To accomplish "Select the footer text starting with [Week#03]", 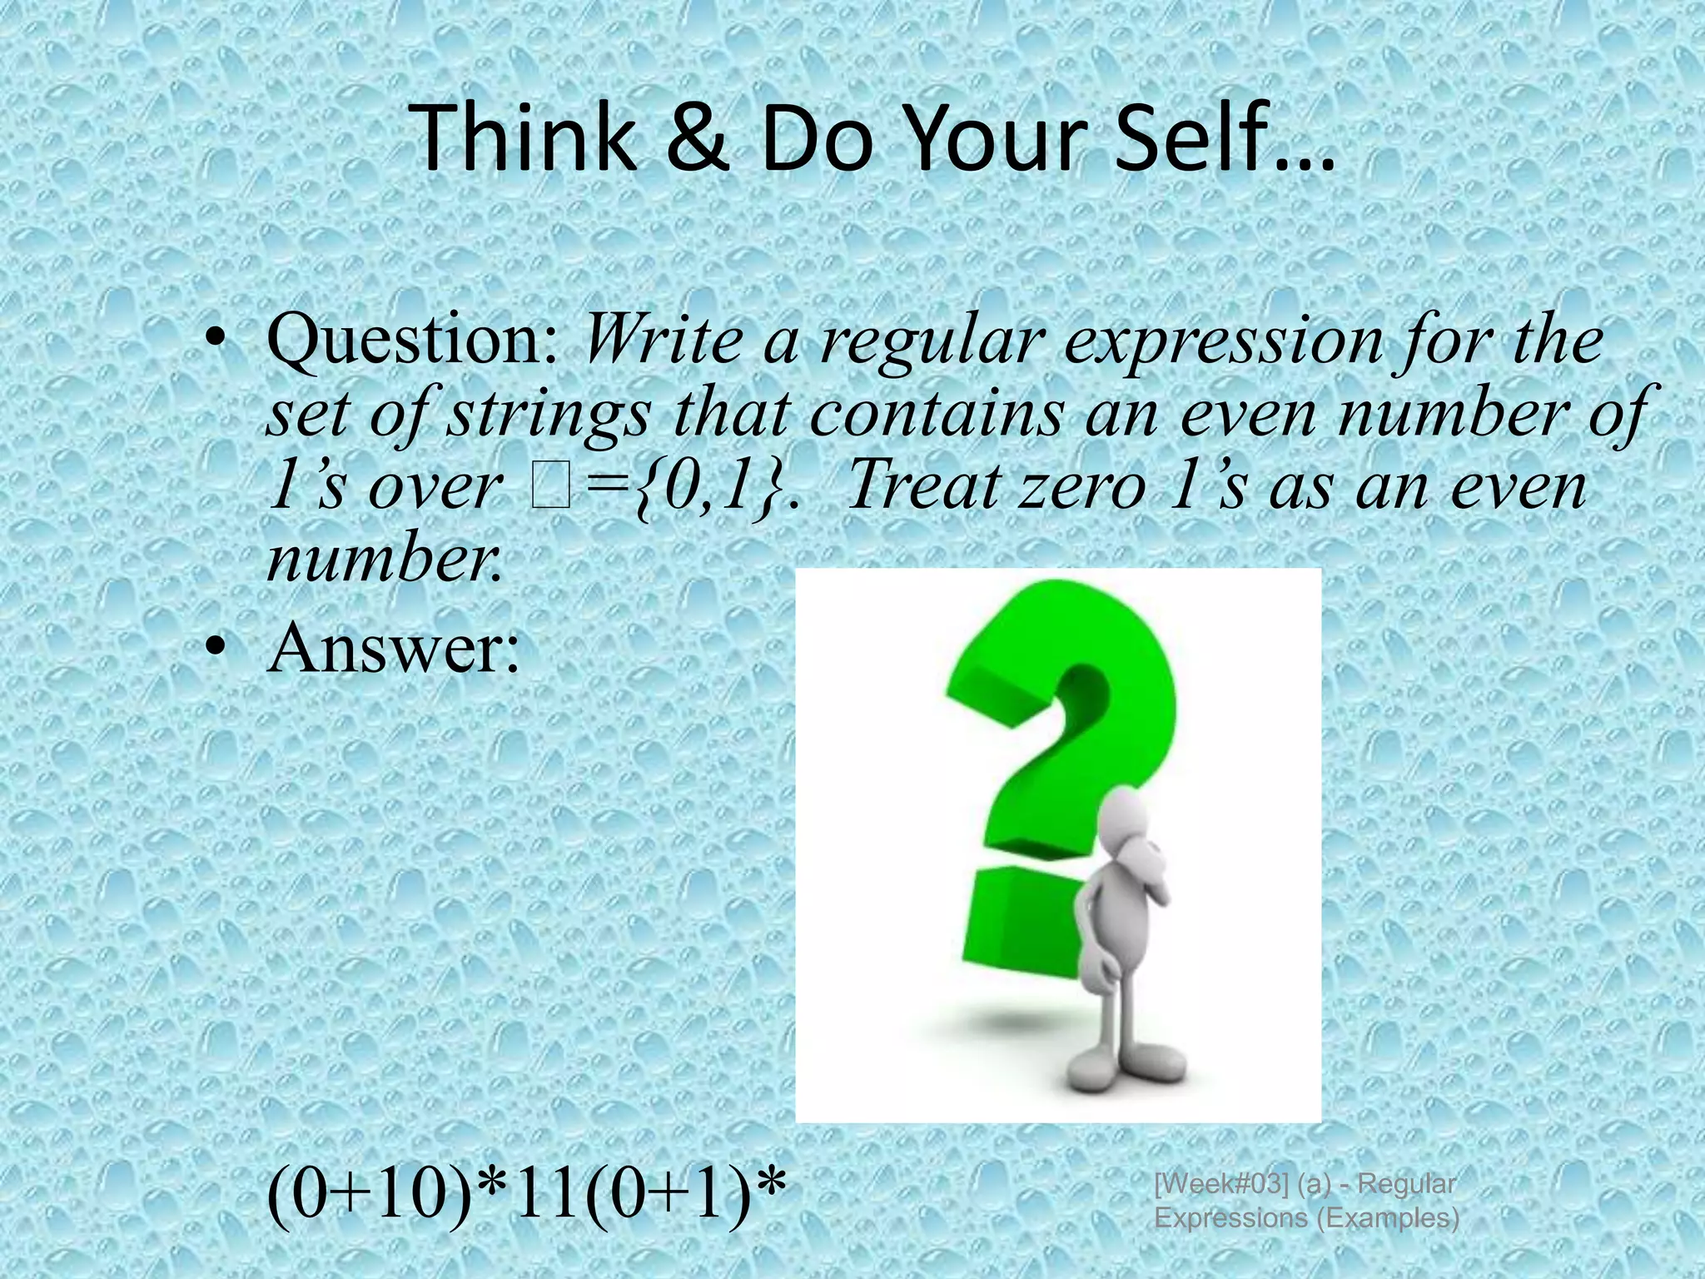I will coord(1305,1200).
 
